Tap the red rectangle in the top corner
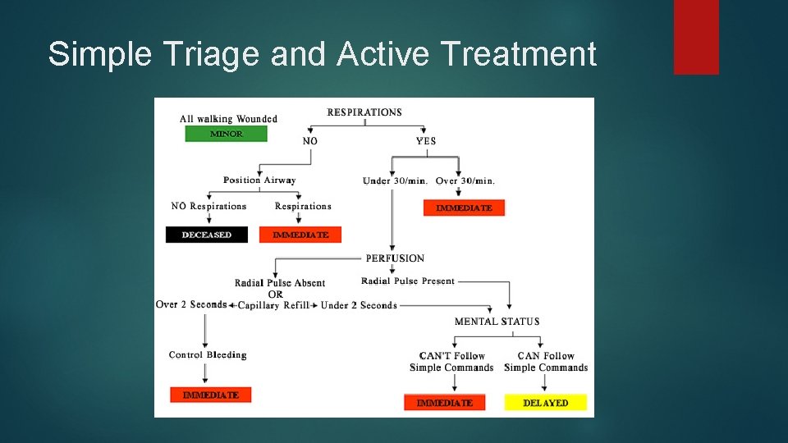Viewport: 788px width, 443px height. [696, 37]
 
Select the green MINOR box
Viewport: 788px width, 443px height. [226, 134]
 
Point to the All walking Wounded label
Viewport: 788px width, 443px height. [228, 119]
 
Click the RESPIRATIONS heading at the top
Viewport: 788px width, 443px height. [364, 112]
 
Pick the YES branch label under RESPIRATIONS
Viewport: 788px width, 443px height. [426, 141]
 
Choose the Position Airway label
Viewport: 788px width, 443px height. [259, 180]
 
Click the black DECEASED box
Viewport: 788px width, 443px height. [207, 235]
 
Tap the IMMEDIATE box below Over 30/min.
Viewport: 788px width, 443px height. [464, 208]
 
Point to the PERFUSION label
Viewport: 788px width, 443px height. [395, 258]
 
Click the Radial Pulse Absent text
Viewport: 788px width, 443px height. [280, 283]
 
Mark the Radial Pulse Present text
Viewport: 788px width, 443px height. [408, 281]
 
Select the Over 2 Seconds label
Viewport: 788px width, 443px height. [191, 304]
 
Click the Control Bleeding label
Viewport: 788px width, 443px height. [208, 355]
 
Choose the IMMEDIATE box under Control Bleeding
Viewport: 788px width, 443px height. [210, 395]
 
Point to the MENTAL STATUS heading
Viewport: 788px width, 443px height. [497, 322]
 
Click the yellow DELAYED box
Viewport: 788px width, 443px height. [545, 403]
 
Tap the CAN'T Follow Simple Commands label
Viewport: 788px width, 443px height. [451, 362]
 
